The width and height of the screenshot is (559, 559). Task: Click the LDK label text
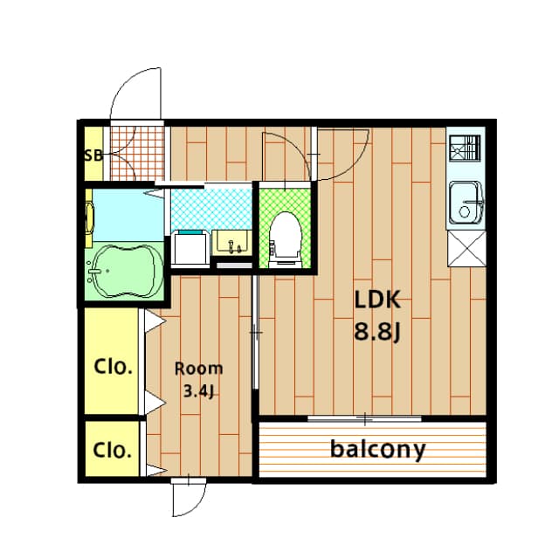[377, 300]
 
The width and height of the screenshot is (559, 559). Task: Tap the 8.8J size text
[377, 332]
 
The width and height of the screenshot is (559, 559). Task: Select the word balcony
[378, 450]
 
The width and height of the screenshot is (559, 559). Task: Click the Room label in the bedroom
[198, 369]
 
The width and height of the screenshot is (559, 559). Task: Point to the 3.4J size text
[198, 391]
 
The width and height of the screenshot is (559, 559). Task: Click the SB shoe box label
[93, 155]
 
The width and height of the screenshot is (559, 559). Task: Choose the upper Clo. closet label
[113, 366]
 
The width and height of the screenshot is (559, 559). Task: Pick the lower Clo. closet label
[113, 450]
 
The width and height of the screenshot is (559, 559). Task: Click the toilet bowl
[285, 238]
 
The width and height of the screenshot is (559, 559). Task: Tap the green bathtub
[125, 271]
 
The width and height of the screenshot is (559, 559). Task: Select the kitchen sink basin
[466, 203]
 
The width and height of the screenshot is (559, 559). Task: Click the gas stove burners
[465, 148]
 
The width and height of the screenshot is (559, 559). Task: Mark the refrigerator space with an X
[466, 248]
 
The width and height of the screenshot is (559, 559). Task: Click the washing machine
[190, 248]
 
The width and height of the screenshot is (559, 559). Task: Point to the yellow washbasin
[232, 243]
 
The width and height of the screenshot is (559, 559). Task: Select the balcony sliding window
[364, 419]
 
